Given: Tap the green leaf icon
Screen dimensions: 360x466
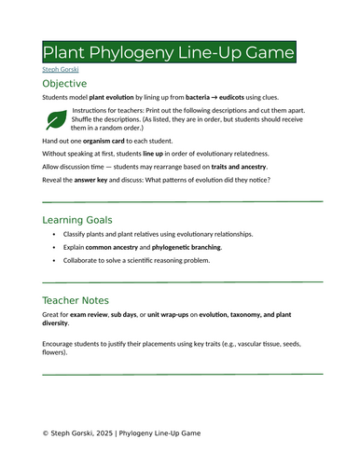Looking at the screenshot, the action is tap(56, 118).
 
